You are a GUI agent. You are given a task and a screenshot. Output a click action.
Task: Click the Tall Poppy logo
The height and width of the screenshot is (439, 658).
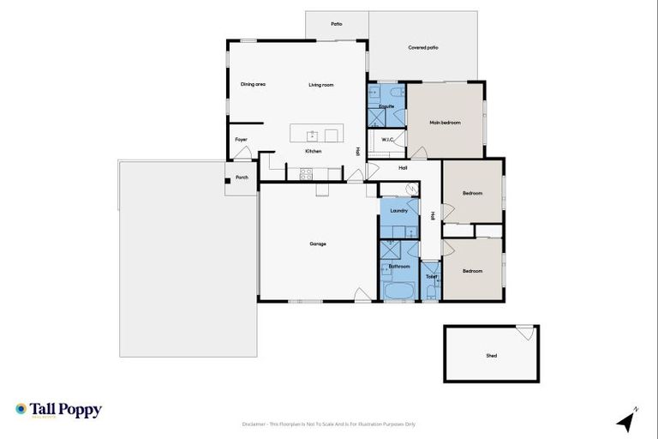(58, 410)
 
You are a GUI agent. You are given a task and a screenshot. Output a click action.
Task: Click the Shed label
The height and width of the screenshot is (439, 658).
(491, 356)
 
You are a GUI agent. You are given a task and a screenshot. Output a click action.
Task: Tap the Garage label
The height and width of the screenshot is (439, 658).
(318, 244)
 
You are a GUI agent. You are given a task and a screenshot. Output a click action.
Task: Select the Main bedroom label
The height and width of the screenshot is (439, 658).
(445, 123)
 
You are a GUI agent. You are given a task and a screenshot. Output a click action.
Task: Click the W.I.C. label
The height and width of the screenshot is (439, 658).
(387, 140)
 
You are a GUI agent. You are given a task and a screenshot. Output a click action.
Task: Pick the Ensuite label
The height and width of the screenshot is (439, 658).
(386, 106)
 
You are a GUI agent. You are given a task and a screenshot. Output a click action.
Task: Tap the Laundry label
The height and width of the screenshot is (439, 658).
(398, 210)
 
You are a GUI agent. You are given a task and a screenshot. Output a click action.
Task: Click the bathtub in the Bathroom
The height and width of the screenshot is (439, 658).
(398, 292)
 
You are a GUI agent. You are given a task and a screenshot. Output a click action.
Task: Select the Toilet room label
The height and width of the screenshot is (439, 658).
(431, 277)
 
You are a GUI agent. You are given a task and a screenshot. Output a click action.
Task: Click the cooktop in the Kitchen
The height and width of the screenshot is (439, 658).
(306, 173)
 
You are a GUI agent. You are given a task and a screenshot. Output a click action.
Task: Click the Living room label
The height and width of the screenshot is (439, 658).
(321, 85)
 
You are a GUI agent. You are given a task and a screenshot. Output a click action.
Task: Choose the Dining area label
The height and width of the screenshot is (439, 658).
(253, 84)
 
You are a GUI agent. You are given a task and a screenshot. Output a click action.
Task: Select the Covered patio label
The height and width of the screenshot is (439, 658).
(422, 48)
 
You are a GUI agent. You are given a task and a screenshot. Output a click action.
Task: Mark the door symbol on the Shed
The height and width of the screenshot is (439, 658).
(524, 332)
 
